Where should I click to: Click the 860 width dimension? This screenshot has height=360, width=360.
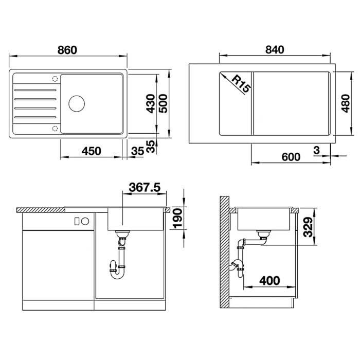click(x=67, y=50)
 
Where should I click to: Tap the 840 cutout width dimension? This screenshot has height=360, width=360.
click(x=275, y=49)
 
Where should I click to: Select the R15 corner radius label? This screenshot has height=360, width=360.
click(x=241, y=84)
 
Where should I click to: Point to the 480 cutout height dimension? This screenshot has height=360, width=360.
click(x=345, y=103)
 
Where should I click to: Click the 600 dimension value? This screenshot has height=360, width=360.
click(x=291, y=157)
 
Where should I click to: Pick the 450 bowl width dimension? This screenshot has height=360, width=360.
click(x=92, y=151)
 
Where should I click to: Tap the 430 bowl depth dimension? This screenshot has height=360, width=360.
click(x=151, y=103)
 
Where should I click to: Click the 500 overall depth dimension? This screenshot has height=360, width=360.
click(x=163, y=103)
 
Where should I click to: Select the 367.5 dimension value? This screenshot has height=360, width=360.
click(x=145, y=187)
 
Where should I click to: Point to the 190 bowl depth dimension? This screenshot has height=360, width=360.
click(x=178, y=219)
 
